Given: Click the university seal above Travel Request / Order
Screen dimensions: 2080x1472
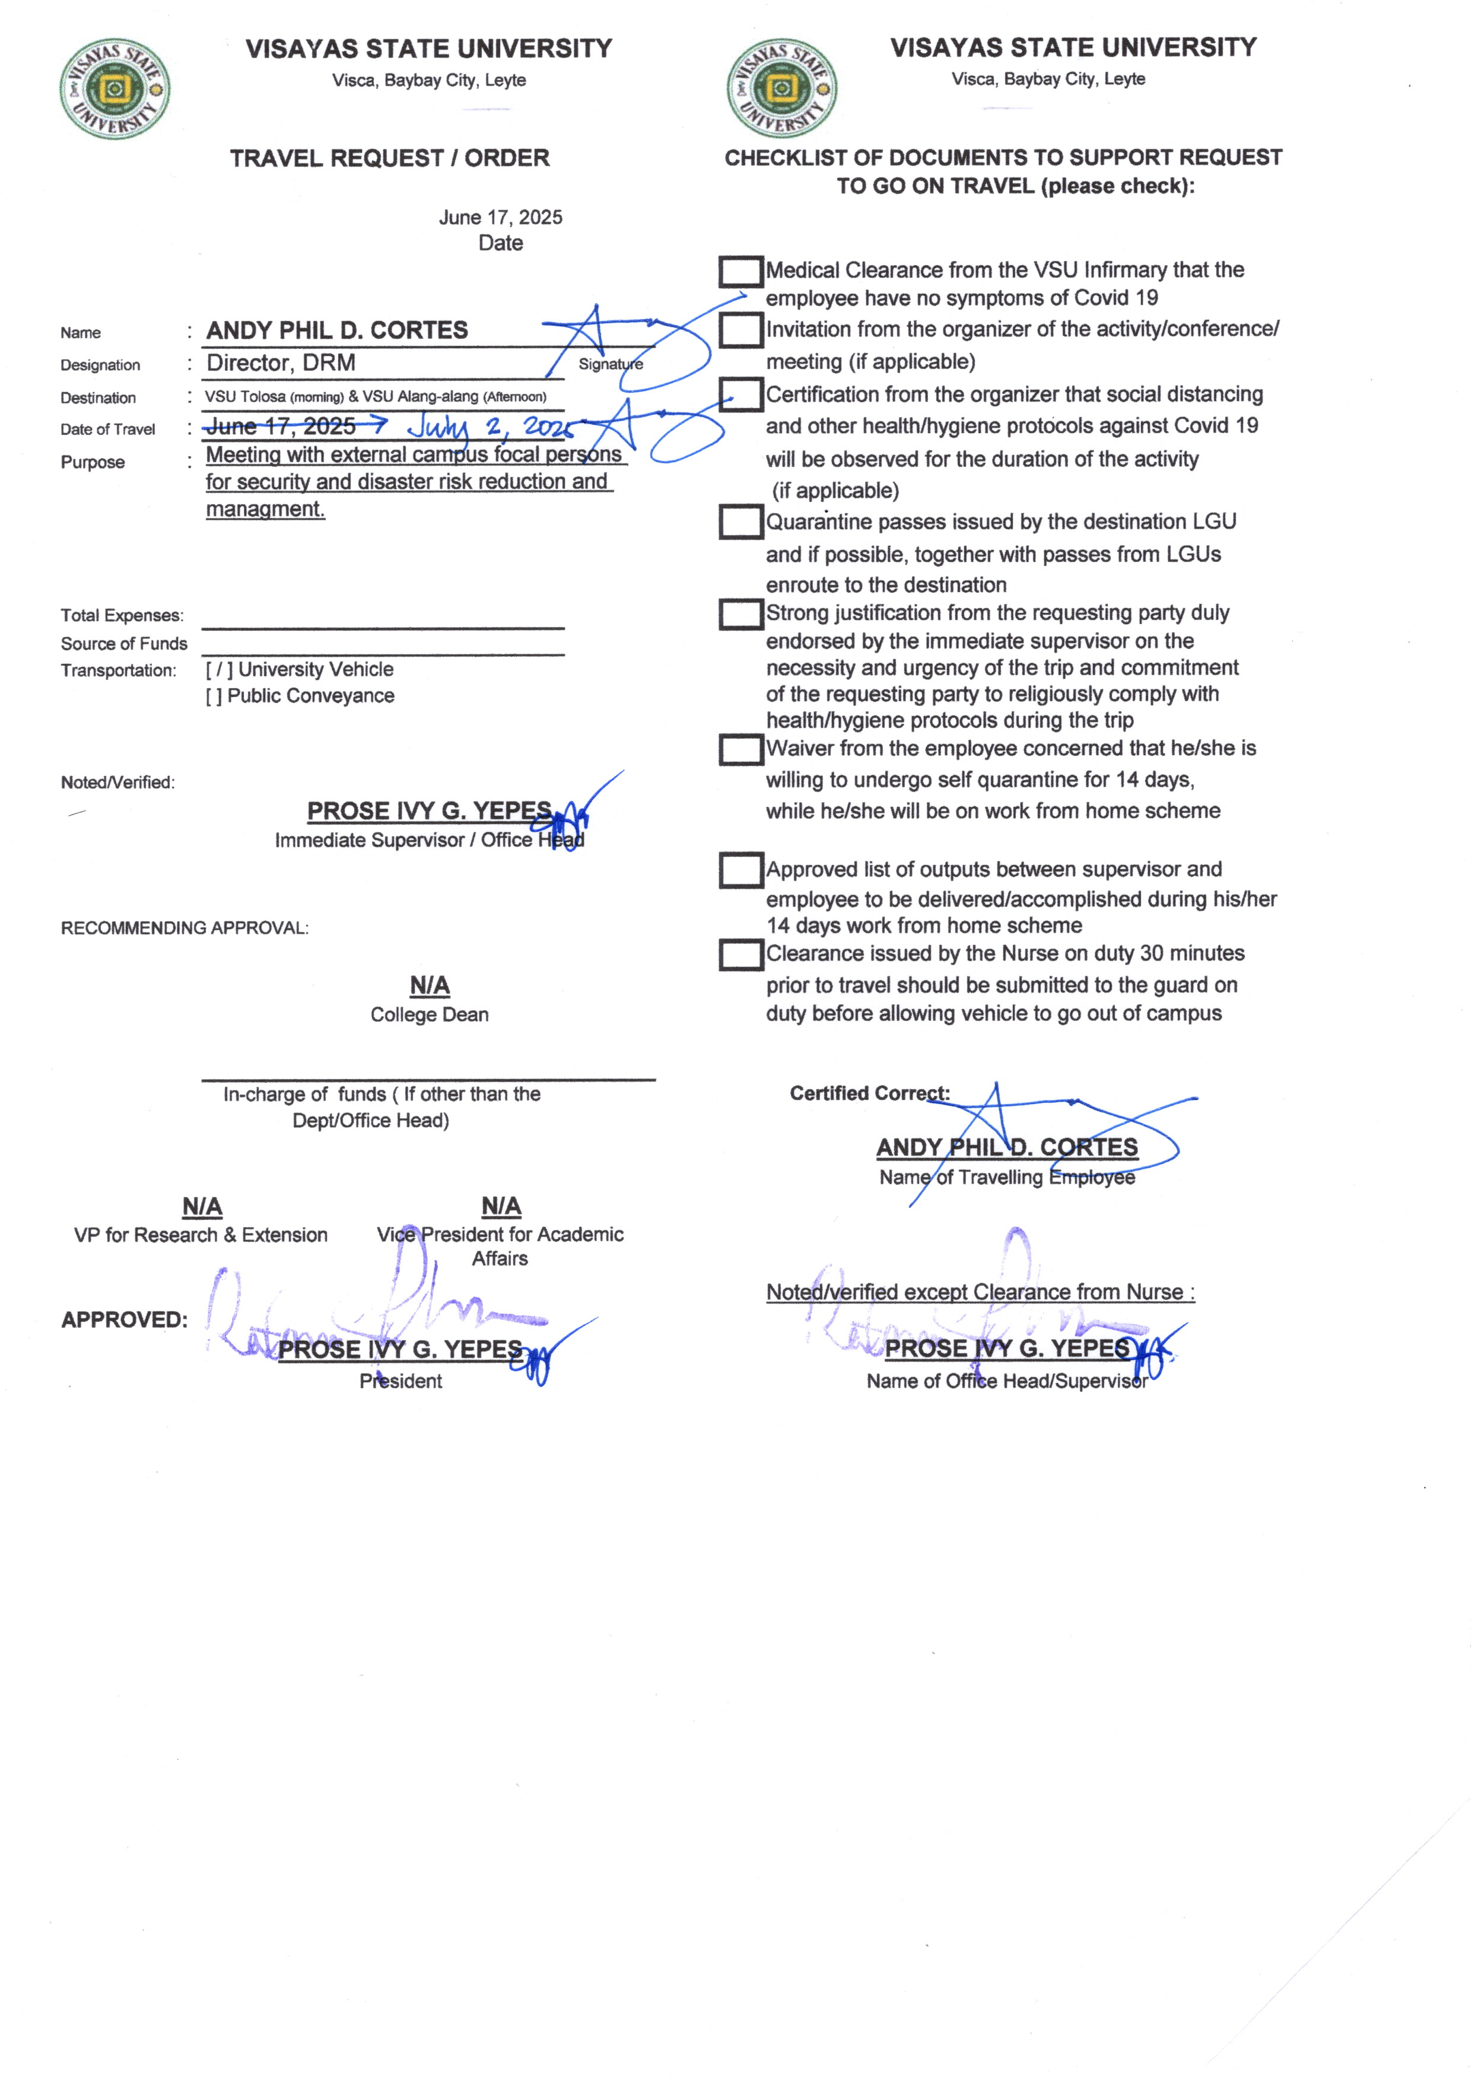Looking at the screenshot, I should pyautogui.click(x=114, y=89).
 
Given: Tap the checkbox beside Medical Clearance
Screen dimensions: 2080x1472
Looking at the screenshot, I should pyautogui.click(x=740, y=271).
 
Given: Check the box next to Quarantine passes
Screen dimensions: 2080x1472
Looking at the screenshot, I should pyautogui.click(x=740, y=522).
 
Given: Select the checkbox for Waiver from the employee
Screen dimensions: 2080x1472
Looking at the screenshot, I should pyautogui.click(x=740, y=749).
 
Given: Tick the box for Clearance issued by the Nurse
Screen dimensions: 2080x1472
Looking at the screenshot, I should pyautogui.click(x=740, y=955).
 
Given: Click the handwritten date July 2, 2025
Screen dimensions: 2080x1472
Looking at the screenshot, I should pyautogui.click(x=489, y=426).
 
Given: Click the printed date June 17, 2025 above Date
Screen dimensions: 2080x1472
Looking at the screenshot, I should pyautogui.click(x=500, y=218).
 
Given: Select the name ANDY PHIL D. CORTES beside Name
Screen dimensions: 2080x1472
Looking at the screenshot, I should pyautogui.click(x=337, y=330).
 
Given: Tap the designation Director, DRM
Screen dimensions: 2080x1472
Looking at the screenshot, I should pyautogui.click(x=281, y=364).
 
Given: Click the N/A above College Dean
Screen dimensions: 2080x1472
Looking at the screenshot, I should pyautogui.click(x=430, y=985).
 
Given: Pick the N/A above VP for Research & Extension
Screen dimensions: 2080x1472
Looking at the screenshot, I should pyautogui.click(x=202, y=1206).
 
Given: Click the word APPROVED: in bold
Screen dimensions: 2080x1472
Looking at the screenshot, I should pyautogui.click(x=124, y=1319).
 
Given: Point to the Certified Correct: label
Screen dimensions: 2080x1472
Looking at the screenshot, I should pyautogui.click(x=869, y=1093).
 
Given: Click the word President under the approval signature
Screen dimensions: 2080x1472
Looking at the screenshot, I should pyautogui.click(x=400, y=1381).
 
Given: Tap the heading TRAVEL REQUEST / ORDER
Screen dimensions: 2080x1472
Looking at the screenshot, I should pyautogui.click(x=390, y=158).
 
